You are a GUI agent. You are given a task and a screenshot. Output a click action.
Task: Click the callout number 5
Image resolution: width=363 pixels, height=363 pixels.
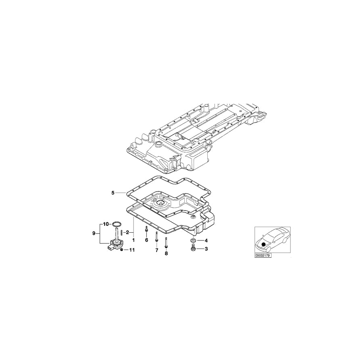tap(113, 193)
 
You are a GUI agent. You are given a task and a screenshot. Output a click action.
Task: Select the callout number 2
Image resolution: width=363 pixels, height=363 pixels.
tap(127, 232)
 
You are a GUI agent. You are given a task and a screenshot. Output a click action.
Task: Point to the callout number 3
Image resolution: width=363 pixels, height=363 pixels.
tap(206, 249)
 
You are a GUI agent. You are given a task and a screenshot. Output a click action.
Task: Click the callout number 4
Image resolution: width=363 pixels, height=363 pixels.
tap(206, 241)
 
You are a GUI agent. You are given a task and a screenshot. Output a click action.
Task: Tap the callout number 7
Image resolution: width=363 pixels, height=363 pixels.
tap(156, 250)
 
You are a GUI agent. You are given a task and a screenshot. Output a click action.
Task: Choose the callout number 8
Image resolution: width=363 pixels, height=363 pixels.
tap(166, 253)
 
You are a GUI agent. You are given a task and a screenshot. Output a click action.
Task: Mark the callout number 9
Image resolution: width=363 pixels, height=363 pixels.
tap(94, 233)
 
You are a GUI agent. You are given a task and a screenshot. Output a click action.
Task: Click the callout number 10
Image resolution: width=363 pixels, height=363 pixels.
tap(106, 223)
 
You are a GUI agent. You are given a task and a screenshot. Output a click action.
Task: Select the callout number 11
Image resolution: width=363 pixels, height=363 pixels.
tap(131, 250)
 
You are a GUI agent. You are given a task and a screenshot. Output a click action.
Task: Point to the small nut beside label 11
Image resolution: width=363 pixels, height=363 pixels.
tap(122, 250)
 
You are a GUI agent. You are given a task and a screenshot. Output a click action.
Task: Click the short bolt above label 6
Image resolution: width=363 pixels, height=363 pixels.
tap(146, 230)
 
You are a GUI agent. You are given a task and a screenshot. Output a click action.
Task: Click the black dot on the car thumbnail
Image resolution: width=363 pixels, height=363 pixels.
tap(264, 244)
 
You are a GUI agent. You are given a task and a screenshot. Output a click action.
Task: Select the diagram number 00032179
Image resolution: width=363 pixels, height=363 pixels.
tap(263, 255)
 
